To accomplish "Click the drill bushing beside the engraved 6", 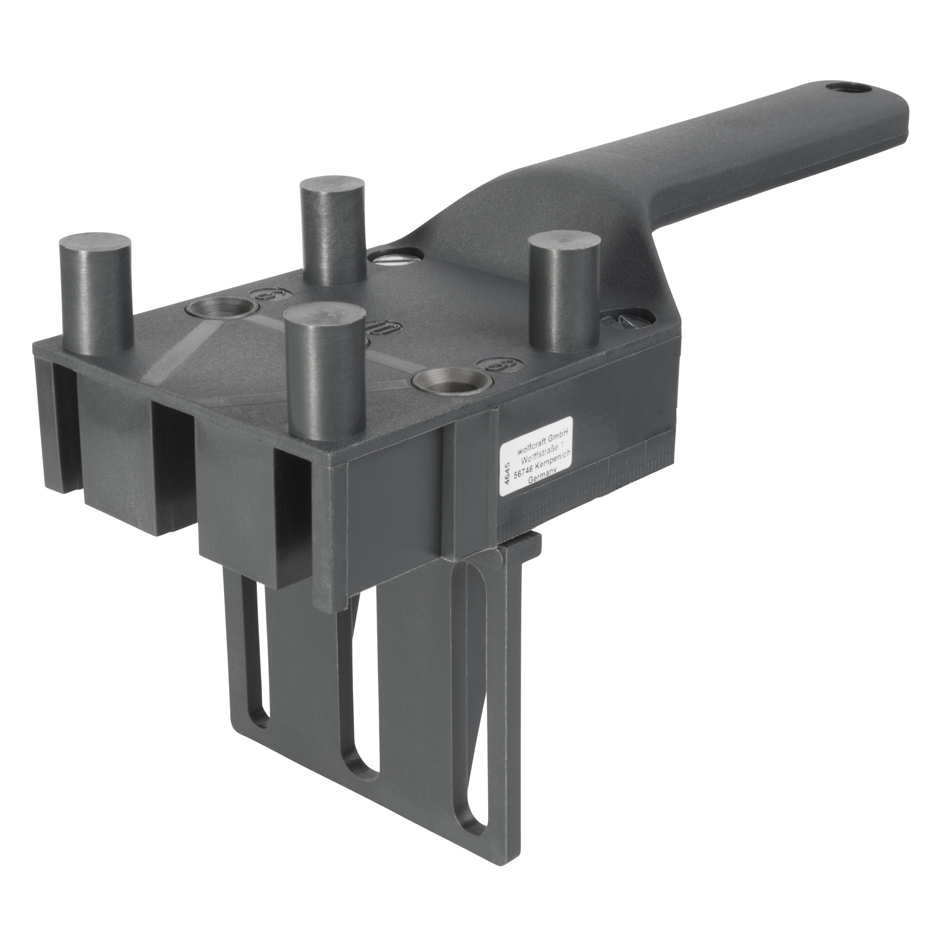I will pyautogui.click(x=222, y=309).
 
